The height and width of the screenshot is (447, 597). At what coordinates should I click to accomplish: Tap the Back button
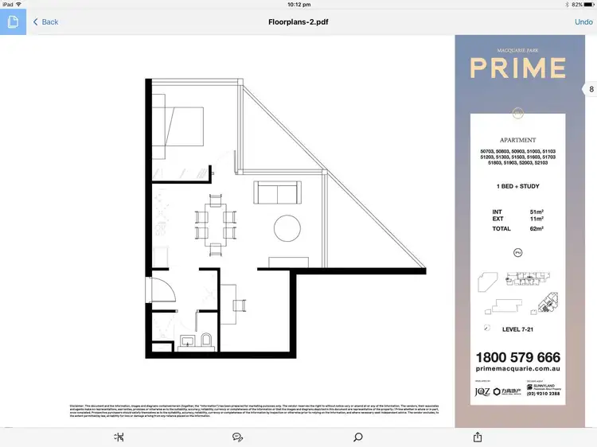(x=45, y=21)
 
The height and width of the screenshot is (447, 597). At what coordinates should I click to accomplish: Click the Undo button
(x=583, y=21)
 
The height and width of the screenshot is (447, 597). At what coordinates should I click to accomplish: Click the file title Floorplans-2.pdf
(x=298, y=21)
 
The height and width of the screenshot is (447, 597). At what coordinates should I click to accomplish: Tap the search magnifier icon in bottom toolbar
(x=358, y=437)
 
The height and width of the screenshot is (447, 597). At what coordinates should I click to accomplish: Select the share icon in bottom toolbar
(x=478, y=437)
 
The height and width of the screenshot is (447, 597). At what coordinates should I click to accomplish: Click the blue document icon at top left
(x=13, y=21)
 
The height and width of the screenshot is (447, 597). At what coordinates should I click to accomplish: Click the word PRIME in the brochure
(x=517, y=68)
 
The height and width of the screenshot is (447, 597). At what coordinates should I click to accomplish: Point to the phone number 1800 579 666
(x=517, y=358)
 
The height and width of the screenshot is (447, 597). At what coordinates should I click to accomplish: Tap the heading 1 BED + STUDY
(x=517, y=186)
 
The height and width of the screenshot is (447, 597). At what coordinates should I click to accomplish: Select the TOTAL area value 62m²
(x=537, y=228)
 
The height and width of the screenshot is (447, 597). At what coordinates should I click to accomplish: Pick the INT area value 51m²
(x=537, y=212)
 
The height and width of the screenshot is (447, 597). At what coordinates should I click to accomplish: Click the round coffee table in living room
(x=287, y=229)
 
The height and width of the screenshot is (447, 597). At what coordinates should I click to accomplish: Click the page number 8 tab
(x=591, y=90)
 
